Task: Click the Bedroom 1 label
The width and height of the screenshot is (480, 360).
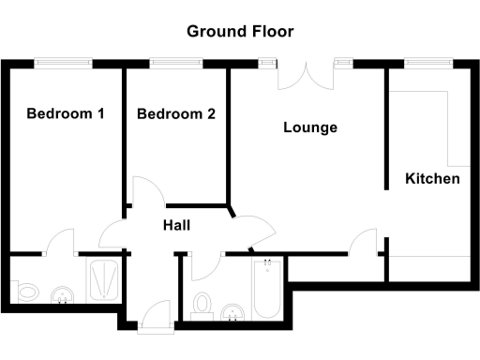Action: tap(65, 114)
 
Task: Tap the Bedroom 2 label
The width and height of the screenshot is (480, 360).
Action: tap(176, 114)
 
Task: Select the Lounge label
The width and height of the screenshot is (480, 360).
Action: tap(310, 127)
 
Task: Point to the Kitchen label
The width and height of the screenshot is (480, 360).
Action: tap(432, 178)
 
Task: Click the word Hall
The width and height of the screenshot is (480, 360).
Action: tap(176, 226)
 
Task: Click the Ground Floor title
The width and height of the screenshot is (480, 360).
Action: tap(240, 31)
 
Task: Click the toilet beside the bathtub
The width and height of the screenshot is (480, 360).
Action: tap(201, 303)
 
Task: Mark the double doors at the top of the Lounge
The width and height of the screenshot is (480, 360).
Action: tap(305, 75)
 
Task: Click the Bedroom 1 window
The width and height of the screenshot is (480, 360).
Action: tap(64, 63)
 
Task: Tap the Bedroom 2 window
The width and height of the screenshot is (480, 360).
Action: tap(176, 63)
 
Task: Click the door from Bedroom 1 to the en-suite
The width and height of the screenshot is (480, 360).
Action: tap(61, 242)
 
